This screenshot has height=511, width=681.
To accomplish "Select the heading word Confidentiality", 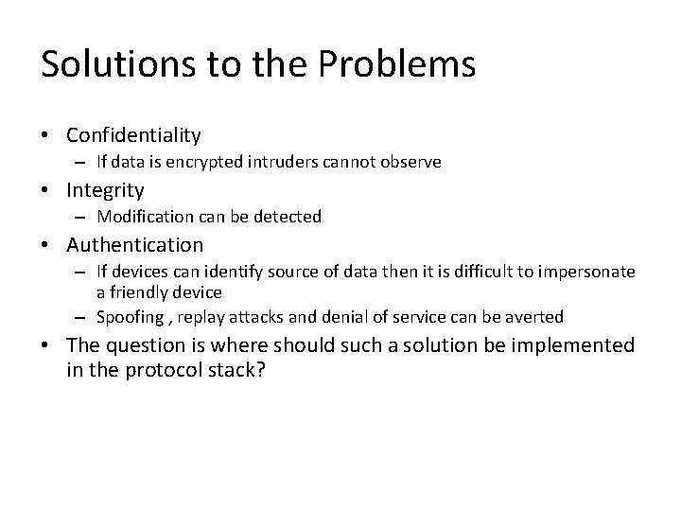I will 133,136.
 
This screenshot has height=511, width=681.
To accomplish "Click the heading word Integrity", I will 105,190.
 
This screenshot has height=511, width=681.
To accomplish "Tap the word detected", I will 290,217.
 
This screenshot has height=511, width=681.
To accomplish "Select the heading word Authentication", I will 134,245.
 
